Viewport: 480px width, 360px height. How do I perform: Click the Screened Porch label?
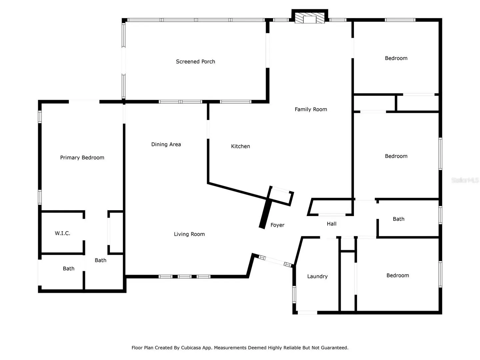click(x=195, y=62)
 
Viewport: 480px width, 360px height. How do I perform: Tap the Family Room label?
click(x=311, y=109)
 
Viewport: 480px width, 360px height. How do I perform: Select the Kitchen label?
click(x=240, y=146)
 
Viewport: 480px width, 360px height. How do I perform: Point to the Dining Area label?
click(x=166, y=144)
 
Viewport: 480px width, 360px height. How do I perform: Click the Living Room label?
click(x=189, y=234)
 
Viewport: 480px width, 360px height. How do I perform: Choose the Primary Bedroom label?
click(x=82, y=158)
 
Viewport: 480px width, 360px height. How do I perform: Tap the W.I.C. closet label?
click(x=63, y=233)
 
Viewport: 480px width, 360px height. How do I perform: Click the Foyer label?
click(x=277, y=225)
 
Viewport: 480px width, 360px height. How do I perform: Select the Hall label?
click(x=332, y=224)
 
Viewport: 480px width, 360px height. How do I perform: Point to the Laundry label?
click(x=317, y=276)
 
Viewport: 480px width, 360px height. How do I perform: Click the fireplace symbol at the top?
click(x=310, y=18)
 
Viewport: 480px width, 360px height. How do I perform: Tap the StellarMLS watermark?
click(x=465, y=180)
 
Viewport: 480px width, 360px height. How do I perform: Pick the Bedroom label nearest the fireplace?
click(x=396, y=58)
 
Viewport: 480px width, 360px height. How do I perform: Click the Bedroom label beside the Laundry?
click(x=398, y=275)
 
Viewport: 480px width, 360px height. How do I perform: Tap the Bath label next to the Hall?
click(x=398, y=219)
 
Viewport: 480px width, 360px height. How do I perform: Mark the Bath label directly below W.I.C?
click(x=68, y=268)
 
